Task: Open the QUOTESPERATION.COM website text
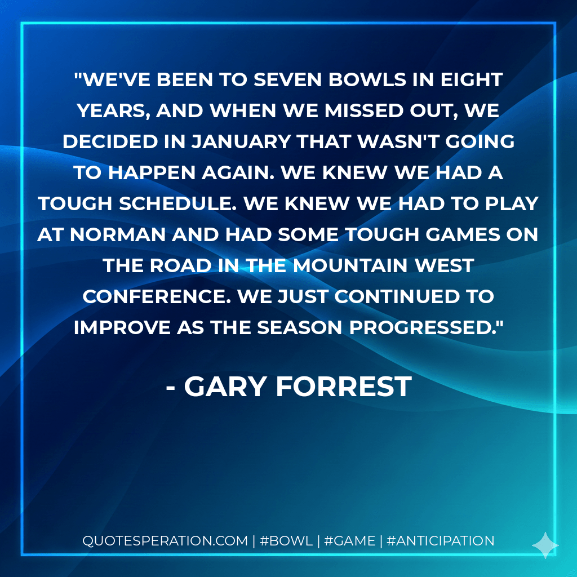pos(165,541)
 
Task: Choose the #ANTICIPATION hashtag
pos(441,541)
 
